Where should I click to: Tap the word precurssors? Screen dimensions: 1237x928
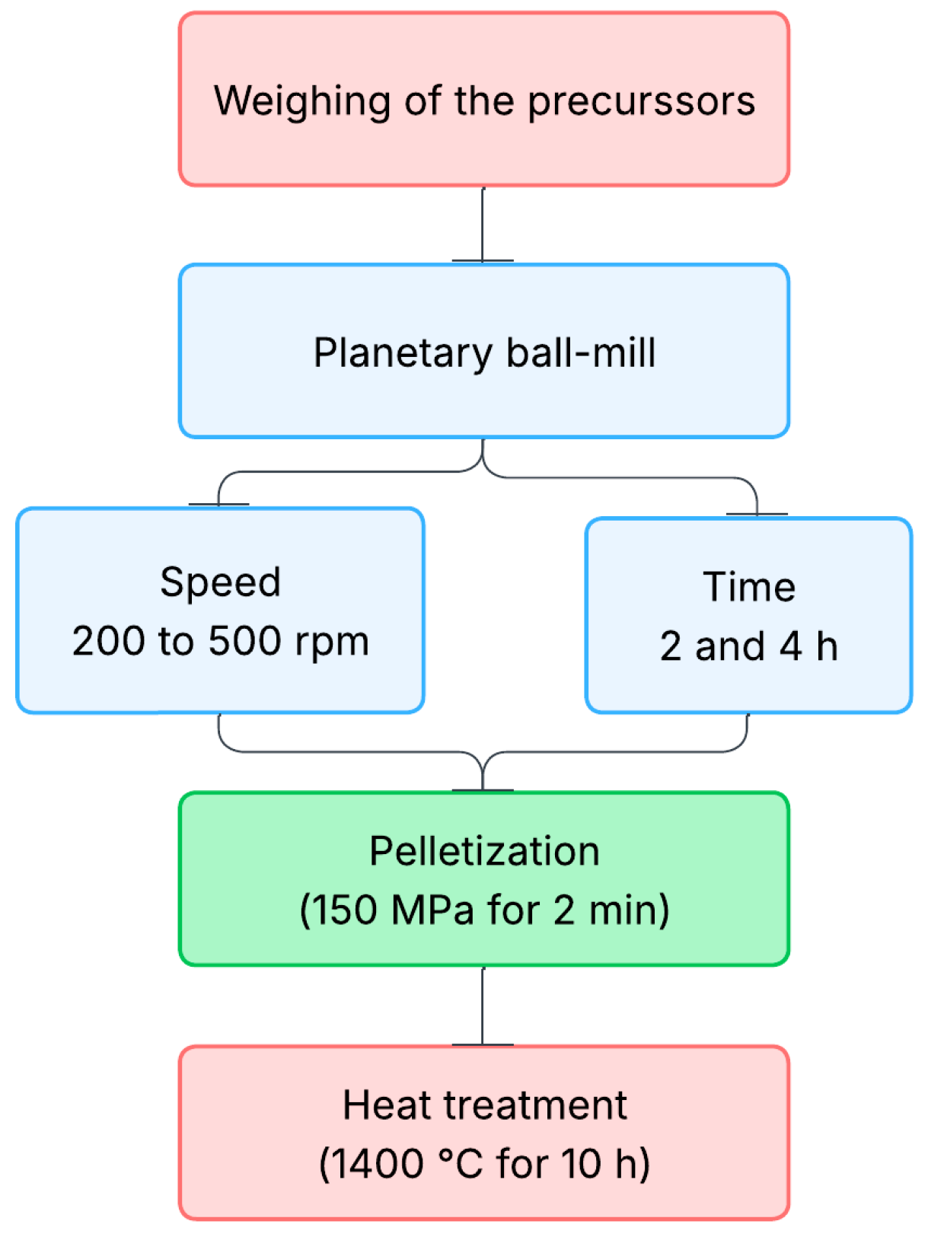[641, 101]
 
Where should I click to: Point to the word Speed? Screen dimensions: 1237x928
[220, 583]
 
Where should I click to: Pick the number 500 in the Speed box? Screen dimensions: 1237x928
[244, 641]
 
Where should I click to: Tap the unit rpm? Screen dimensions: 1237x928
[332, 642]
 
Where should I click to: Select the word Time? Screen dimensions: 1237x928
[749, 587]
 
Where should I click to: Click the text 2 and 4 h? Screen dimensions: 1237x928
[749, 646]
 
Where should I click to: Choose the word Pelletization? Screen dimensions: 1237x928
[484, 851]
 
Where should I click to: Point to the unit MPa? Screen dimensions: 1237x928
[432, 910]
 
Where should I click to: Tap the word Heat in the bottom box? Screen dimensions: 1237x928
[387, 1105]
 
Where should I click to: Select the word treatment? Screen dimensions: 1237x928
[537, 1105]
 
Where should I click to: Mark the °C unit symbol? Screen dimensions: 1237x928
[461, 1164]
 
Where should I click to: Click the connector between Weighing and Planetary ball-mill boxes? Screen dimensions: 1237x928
[483, 225]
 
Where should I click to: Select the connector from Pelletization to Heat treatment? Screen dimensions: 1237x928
[483, 1006]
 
